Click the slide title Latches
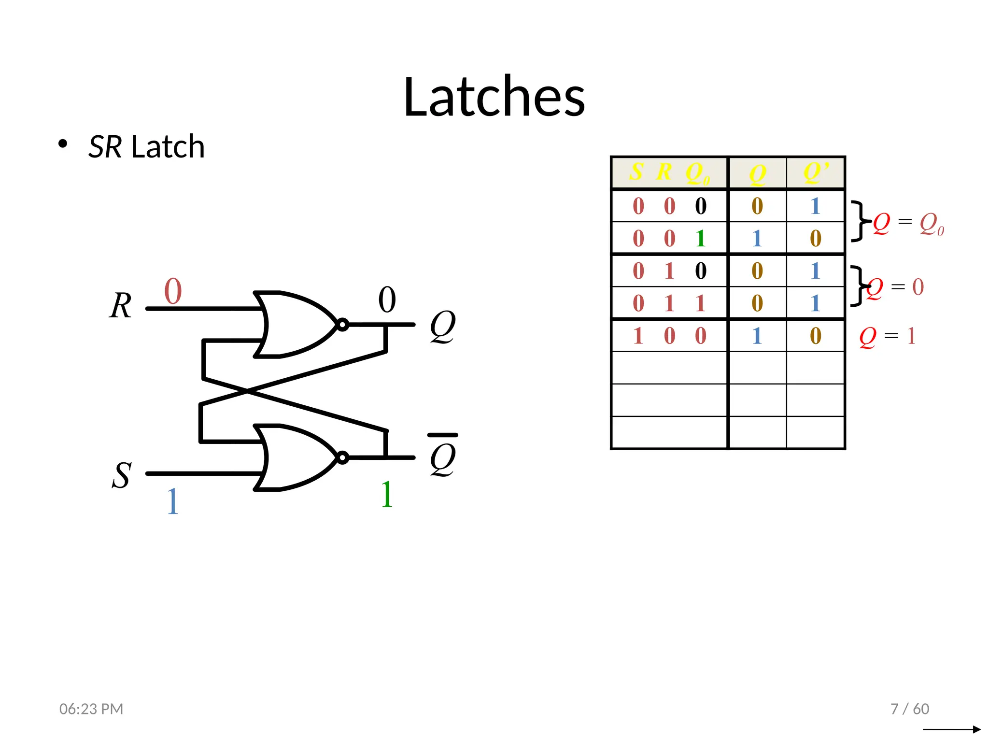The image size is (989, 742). coord(494,97)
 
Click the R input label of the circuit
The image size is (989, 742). coord(120,306)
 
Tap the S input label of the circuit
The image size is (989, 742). coord(121,475)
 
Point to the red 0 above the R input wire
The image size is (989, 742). coord(173,291)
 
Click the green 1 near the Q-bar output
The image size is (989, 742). coord(386,495)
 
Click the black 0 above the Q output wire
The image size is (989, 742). coord(387,300)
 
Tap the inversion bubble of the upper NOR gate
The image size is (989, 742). coord(342,325)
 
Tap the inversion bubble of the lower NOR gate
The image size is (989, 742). coord(342,457)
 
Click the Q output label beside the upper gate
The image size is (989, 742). coord(442,326)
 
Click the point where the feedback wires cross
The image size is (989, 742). coord(247,392)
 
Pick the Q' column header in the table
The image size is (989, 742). coord(816,172)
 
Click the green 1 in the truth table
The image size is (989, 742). coord(700,239)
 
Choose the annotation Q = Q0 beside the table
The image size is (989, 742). coord(908,224)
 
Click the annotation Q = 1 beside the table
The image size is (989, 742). coord(887,336)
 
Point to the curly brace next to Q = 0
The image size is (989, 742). coord(858,285)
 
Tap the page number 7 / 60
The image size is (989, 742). coord(910,709)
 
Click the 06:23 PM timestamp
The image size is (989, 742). coord(91,709)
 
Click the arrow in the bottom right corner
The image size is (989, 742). coord(951,729)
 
